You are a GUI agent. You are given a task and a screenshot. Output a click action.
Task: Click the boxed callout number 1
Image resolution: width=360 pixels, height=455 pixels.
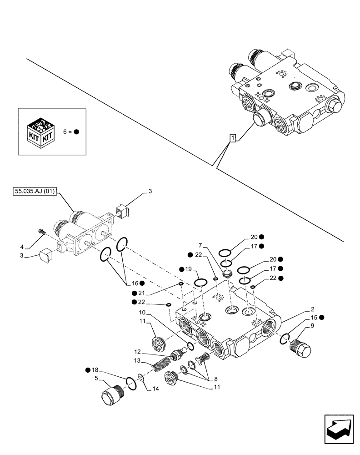pyautogui.click(x=232, y=137)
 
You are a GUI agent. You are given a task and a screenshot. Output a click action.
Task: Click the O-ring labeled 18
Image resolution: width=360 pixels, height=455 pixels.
pyautogui.click(x=130, y=383)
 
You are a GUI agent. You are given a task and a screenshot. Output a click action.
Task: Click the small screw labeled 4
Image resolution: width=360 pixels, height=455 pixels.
pyautogui.click(x=41, y=232)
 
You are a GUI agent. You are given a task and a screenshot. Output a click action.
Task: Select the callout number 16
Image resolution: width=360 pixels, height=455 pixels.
pyautogui.click(x=129, y=283)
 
